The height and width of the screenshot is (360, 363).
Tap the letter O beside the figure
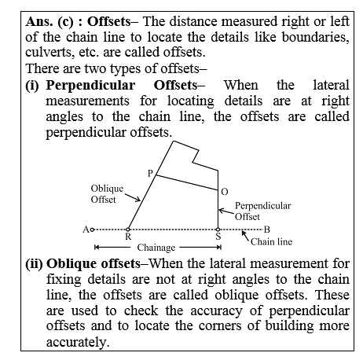pyautogui.click(x=225, y=191)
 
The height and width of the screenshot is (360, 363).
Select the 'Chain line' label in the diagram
pyautogui.click(x=270, y=241)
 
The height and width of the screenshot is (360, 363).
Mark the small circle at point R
pyautogui.click(x=128, y=230)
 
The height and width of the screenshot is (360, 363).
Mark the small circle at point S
pyautogui.click(x=218, y=230)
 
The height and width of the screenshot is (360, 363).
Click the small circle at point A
pyautogui.click(x=93, y=230)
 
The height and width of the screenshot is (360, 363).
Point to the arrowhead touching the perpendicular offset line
pyautogui.click(x=222, y=211)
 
